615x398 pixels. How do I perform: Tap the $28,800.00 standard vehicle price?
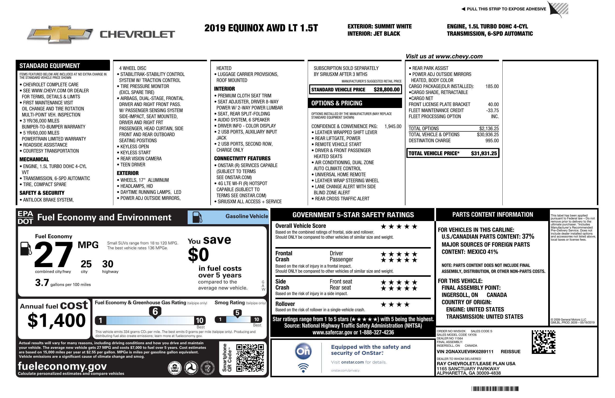386,90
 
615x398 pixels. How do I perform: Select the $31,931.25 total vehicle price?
484,153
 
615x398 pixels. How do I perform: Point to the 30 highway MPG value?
108,264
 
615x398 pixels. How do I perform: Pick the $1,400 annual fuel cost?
57,320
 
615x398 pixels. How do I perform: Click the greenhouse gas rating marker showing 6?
155,312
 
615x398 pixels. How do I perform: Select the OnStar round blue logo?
303,351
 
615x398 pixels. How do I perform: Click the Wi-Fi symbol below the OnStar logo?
303,368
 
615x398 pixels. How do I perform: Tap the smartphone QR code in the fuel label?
250,358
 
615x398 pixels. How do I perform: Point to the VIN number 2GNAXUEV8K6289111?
465,351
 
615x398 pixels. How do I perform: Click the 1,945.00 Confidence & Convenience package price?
393,126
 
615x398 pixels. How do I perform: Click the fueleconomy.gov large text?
62,366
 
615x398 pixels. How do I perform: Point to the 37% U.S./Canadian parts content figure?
528,236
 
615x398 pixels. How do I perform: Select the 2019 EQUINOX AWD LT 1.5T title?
261,28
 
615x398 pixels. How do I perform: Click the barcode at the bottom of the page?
495,389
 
